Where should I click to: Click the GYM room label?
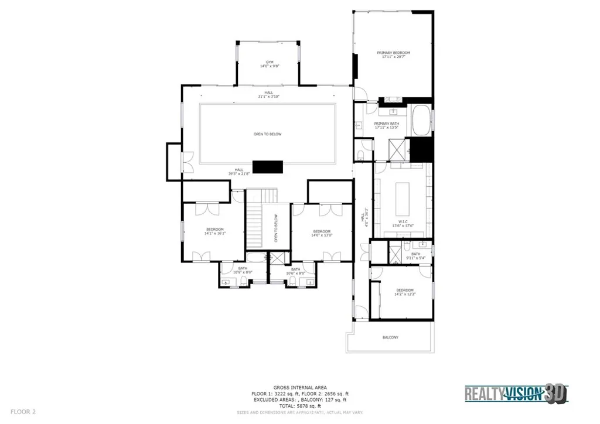point(270,61)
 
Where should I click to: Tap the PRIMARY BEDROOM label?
point(393,53)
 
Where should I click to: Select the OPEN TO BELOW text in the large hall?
point(267,134)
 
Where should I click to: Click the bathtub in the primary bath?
point(420,118)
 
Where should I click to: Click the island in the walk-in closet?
point(403,200)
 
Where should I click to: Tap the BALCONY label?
point(390,337)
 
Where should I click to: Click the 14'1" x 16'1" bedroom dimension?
point(214,233)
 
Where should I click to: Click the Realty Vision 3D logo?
point(516,394)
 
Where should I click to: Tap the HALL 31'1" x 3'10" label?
point(268,95)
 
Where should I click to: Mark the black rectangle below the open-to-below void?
point(268,167)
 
